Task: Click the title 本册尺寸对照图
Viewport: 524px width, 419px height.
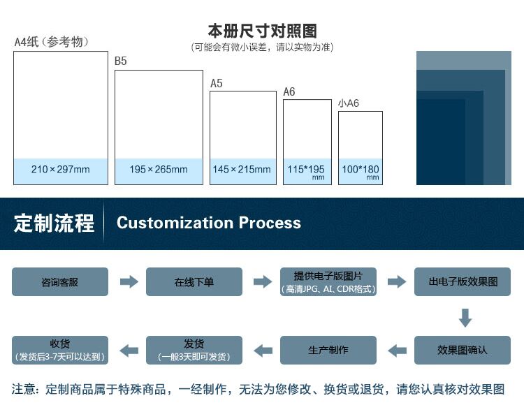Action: (262, 31)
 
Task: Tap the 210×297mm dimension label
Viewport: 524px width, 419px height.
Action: (61, 170)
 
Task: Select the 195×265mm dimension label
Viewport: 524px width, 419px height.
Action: (159, 170)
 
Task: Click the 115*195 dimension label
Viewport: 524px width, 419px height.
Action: (306, 170)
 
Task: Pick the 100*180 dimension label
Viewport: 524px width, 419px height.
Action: (360, 170)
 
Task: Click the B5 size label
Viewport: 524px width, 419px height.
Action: (121, 61)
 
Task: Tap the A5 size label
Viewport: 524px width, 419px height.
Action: (217, 83)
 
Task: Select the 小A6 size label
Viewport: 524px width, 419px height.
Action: (349, 103)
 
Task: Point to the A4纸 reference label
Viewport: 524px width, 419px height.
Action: (52, 42)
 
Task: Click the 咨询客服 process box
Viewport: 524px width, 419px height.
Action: (60, 282)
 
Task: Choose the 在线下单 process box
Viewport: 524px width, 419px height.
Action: (194, 282)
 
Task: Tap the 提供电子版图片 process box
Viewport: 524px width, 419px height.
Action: (328, 282)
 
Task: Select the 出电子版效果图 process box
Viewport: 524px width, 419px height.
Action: (463, 282)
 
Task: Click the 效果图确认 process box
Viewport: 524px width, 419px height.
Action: (463, 350)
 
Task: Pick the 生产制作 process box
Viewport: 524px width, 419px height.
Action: (328, 350)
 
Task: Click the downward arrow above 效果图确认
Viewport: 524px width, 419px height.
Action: (465, 318)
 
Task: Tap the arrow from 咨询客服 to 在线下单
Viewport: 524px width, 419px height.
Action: (129, 282)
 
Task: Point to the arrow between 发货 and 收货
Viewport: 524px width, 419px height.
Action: (129, 350)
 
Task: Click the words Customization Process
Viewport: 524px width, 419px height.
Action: (209, 223)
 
